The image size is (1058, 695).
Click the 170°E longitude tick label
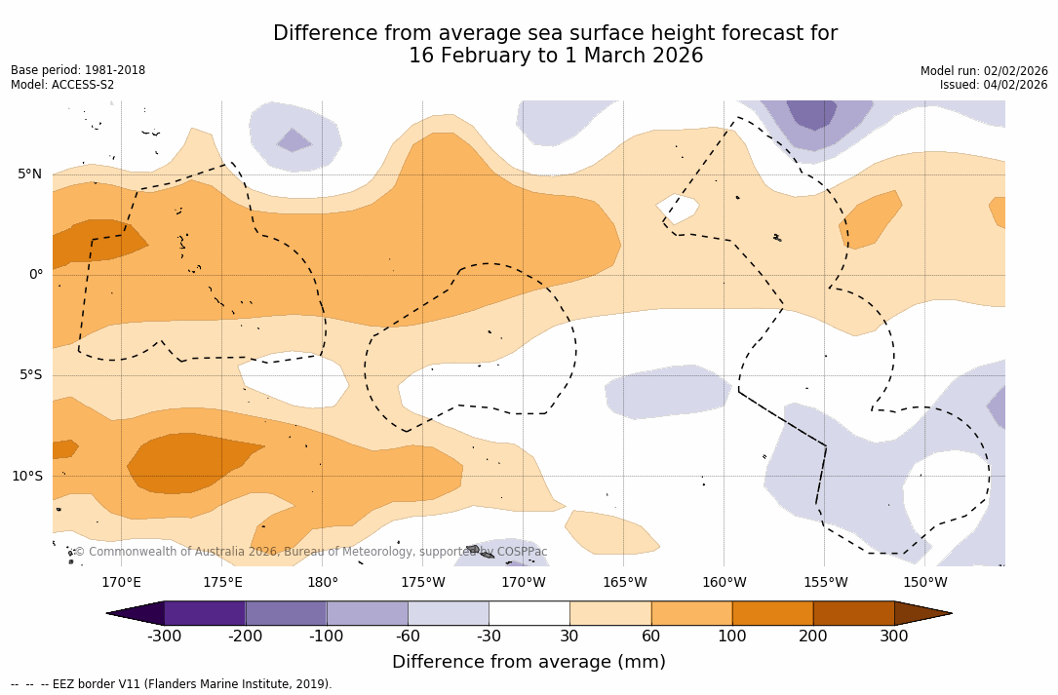[x=121, y=583]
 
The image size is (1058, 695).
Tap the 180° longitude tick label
[x=323, y=583]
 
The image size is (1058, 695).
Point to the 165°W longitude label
[x=624, y=583]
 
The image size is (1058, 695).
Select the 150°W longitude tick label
[x=924, y=583]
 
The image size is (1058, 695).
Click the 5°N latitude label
[x=29, y=174]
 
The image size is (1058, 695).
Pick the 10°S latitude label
[x=26, y=477]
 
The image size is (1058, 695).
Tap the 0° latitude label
[x=35, y=275]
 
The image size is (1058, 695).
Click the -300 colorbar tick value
[x=165, y=637]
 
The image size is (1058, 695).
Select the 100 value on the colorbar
[x=732, y=637]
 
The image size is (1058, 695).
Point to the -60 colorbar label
[x=408, y=637]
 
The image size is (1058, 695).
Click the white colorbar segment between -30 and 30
[x=529, y=613]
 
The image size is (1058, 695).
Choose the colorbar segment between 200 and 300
[x=853, y=613]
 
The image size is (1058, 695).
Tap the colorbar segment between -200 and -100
[x=286, y=613]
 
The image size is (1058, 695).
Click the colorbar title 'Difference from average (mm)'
[x=529, y=663]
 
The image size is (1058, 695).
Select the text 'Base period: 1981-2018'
[x=78, y=70]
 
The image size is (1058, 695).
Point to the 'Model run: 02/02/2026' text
[x=984, y=71]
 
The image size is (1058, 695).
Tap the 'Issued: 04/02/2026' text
[x=994, y=85]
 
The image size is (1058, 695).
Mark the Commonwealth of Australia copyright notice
[x=310, y=552]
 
